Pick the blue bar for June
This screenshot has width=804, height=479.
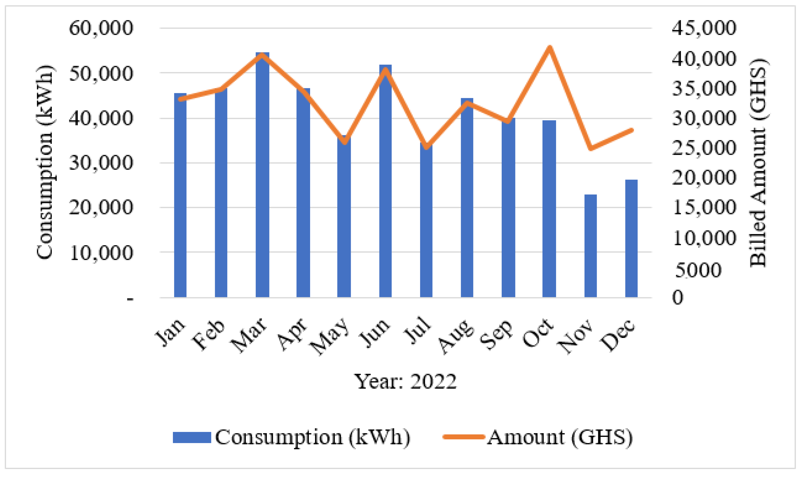(x=385, y=181)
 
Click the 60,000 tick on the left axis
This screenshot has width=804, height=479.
(x=101, y=28)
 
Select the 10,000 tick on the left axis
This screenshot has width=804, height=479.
(x=101, y=253)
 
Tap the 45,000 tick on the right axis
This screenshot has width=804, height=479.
(x=704, y=28)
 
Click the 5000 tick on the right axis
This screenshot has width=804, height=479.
(x=698, y=270)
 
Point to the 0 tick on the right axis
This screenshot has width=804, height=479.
(x=678, y=297)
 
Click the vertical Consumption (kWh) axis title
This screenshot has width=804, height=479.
(x=44, y=162)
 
